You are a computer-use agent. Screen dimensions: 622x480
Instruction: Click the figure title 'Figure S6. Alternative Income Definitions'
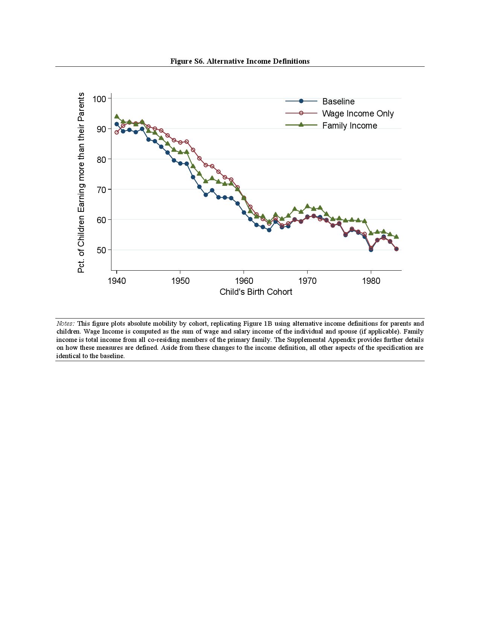[240, 61]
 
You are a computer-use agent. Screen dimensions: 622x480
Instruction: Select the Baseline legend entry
[338, 101]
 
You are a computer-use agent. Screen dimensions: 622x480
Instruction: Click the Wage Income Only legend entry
[358, 113]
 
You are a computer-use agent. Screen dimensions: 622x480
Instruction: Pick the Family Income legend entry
[349, 126]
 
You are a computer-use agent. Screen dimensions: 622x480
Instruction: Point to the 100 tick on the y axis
[99, 99]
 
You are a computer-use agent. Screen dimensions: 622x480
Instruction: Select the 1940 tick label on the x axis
[117, 281]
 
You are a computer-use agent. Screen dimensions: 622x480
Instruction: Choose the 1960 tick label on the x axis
[244, 281]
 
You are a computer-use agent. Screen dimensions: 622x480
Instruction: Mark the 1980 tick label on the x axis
[371, 281]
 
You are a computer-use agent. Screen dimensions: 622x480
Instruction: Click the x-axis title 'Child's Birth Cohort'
[256, 292]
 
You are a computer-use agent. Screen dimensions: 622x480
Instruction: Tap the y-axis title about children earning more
[81, 183]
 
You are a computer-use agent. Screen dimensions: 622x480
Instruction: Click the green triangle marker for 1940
[117, 116]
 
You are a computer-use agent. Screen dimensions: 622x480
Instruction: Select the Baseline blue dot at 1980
[371, 250]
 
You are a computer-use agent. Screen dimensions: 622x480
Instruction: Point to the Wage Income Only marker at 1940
[117, 132]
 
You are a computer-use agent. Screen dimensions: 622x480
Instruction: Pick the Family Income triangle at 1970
[307, 206]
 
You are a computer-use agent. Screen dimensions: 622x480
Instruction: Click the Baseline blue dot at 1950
[180, 164]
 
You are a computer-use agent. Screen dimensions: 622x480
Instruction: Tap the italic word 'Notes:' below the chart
[66, 323]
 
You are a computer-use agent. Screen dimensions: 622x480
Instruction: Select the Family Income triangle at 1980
[371, 233]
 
